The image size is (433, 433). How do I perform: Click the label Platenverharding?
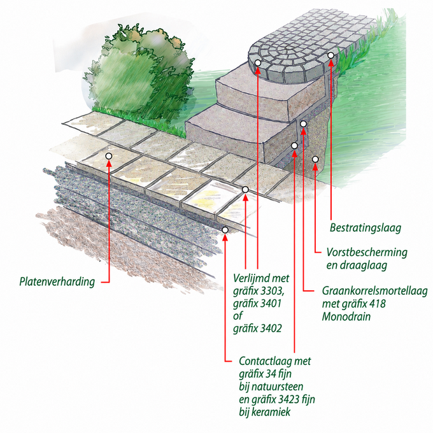57,281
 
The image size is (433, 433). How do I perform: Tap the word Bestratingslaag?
366,228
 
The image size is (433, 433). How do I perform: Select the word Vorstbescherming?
367,252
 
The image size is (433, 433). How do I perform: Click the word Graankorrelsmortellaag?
374,291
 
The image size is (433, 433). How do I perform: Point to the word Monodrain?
346,316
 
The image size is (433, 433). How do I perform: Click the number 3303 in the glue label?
272,291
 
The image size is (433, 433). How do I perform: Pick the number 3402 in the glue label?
270,329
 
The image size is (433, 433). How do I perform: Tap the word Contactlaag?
264,361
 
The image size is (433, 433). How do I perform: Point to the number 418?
376,304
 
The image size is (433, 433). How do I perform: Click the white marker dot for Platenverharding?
109,156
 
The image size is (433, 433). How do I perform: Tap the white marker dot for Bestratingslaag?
331,55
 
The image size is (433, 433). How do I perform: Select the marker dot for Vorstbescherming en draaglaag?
315,159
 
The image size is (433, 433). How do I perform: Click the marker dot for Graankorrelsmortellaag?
303,124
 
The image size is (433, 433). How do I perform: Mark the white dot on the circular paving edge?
258,63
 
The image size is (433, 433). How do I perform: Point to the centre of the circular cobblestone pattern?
288,49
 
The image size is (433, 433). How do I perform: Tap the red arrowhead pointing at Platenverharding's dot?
109,164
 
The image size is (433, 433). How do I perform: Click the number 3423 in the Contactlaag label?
290,399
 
